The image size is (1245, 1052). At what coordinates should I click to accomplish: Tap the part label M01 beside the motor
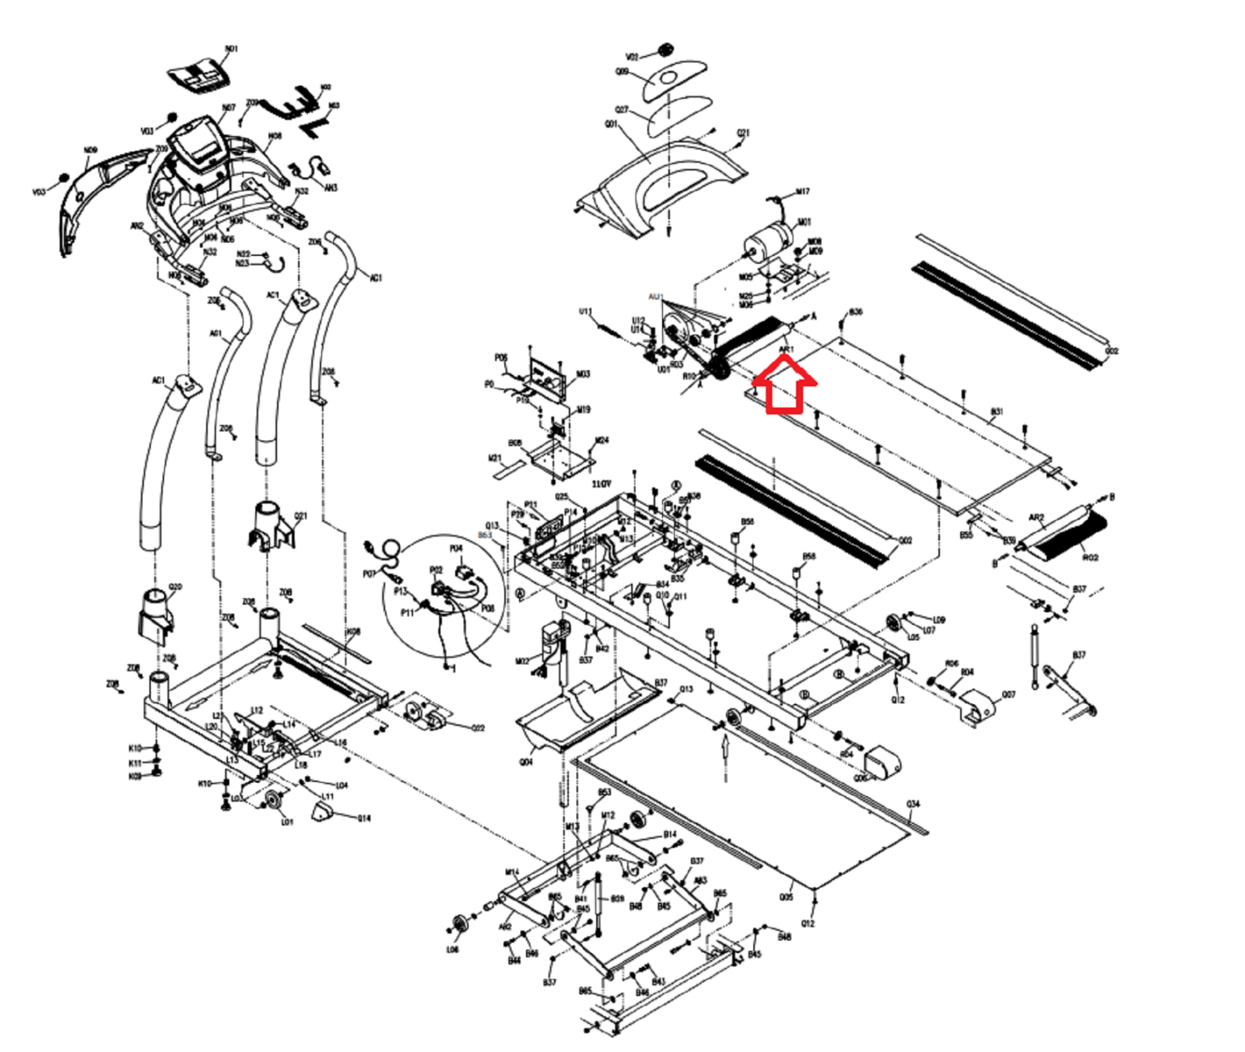click(x=804, y=222)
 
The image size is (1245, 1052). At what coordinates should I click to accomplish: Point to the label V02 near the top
click(x=632, y=58)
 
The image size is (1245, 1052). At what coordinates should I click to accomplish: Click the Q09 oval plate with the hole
click(x=674, y=80)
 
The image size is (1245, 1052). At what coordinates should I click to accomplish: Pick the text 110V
click(x=601, y=484)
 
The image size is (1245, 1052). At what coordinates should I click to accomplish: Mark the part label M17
click(x=802, y=191)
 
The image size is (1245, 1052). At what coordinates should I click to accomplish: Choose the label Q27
click(x=622, y=110)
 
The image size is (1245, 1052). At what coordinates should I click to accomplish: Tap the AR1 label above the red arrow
click(x=786, y=350)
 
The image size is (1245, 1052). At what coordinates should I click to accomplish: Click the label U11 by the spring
click(x=585, y=312)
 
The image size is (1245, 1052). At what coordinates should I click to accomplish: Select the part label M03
click(x=583, y=374)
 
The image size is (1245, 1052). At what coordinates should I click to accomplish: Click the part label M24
click(x=601, y=441)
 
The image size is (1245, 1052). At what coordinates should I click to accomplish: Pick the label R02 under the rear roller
click(x=1090, y=558)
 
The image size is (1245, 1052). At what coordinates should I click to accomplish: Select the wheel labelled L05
click(x=893, y=623)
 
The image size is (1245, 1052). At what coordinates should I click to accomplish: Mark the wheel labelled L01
click(x=272, y=802)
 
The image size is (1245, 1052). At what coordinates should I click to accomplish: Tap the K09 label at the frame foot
click(x=135, y=777)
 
